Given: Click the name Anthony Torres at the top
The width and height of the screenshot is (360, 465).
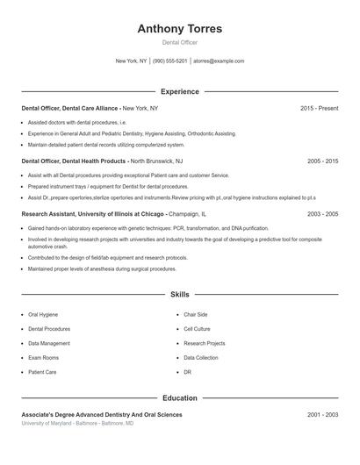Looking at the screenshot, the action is [x=180, y=29].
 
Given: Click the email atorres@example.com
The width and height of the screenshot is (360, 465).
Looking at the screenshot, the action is [x=219, y=61].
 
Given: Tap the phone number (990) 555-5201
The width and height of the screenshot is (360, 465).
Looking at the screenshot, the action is [x=170, y=61].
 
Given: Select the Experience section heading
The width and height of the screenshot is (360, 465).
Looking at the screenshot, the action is [x=180, y=91].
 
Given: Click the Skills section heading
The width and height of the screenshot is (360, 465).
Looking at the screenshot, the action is [x=180, y=295].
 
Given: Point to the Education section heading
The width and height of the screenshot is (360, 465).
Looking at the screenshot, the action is [x=180, y=398].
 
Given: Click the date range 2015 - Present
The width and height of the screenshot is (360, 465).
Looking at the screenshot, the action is [x=319, y=108].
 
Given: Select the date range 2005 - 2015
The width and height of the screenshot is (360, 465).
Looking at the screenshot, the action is [x=322, y=161].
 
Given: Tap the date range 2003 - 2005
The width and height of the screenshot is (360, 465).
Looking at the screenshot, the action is [x=322, y=213].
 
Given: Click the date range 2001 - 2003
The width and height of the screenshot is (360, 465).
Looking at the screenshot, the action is [x=322, y=414].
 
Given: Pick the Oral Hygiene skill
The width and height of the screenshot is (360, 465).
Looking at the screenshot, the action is [x=45, y=314].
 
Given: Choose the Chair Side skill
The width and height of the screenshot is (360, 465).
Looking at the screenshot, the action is [x=195, y=314].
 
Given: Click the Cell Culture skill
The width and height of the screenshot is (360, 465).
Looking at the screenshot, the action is [x=197, y=329].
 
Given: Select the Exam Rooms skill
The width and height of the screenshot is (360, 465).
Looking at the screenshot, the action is [x=44, y=358].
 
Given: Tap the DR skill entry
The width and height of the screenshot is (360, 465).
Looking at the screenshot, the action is [x=187, y=372].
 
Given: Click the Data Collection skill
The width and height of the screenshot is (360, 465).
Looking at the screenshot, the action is [x=201, y=358].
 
